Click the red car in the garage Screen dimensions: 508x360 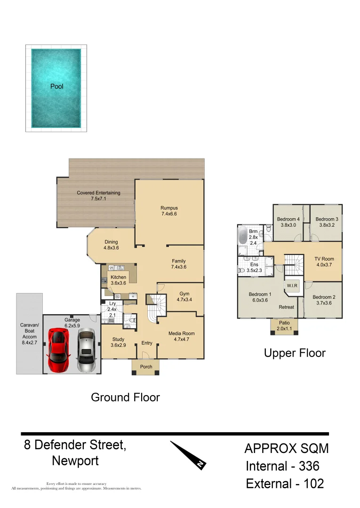(59, 350)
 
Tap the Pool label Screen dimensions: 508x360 (56, 87)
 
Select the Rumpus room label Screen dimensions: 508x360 (169, 208)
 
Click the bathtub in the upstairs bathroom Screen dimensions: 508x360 (243, 235)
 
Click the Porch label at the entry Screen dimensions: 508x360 (146, 367)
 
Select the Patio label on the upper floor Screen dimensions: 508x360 (284, 323)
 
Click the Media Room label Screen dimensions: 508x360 (181, 333)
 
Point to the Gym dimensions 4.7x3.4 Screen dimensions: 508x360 (184, 300)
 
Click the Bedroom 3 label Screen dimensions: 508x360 (327, 219)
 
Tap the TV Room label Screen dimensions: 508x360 (324, 259)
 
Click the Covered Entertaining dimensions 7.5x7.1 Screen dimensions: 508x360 (99, 199)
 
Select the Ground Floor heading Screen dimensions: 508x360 (125, 397)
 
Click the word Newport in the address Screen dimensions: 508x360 (75, 461)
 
